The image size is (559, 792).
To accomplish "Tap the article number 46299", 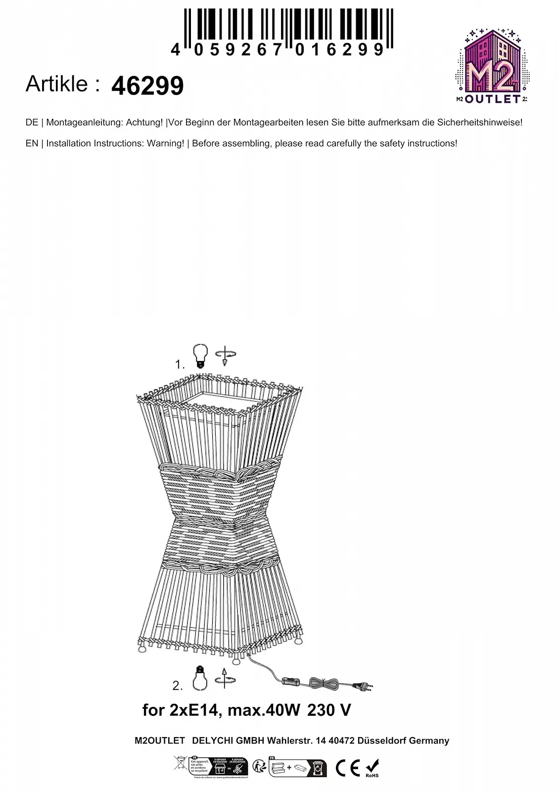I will coord(147,86).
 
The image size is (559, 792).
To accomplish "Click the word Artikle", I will coord(57,84).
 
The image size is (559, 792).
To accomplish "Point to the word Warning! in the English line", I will coord(165,144).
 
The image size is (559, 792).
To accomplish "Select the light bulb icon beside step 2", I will coord(200,678).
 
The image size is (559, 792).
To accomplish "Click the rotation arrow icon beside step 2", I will coord(225,679).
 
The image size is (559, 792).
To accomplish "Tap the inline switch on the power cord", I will coord(291,681).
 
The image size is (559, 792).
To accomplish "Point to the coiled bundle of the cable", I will coord(323,684).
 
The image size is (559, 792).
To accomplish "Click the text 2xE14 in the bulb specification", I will coord(193,710).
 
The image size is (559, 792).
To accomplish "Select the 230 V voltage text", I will coord(329,710).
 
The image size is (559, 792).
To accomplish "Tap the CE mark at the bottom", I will coord(347,768).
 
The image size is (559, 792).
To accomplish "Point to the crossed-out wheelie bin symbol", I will coord(180,763).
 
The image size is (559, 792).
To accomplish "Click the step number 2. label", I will coord(178,686).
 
